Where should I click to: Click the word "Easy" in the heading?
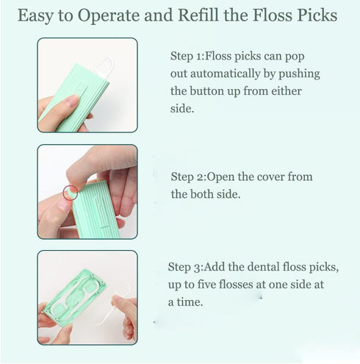tap(39, 15)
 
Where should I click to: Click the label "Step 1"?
tap(184, 55)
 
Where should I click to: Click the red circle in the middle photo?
tap(70, 193)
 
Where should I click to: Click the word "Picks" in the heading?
tap(320, 15)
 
